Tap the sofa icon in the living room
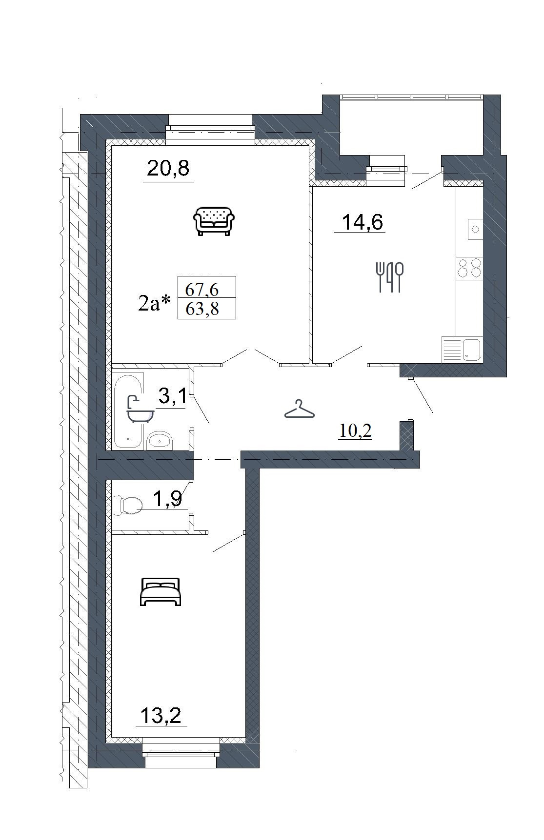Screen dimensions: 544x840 click(214, 221)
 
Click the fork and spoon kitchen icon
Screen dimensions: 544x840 click(390, 277)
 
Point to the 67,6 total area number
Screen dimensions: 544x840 click(202, 290)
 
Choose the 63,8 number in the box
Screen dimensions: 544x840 click(202, 309)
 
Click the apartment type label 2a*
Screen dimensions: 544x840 click(155, 303)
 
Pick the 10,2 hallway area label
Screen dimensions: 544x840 click(355, 430)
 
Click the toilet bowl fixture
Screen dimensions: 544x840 click(127, 506)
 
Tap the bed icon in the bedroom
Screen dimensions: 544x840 click(161, 591)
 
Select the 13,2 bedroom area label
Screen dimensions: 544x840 click(161, 716)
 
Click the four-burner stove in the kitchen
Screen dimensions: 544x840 click(469, 268)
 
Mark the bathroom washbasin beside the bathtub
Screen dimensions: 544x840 click(159, 440)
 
